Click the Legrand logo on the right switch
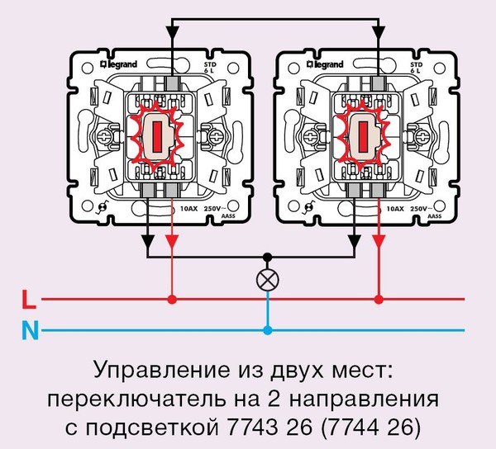[x=326, y=63]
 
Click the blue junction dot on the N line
[x=267, y=332]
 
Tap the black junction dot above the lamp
[x=267, y=257]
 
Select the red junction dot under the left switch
[x=172, y=298]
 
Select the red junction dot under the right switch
[x=379, y=298]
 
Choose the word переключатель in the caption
[x=130, y=399]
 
